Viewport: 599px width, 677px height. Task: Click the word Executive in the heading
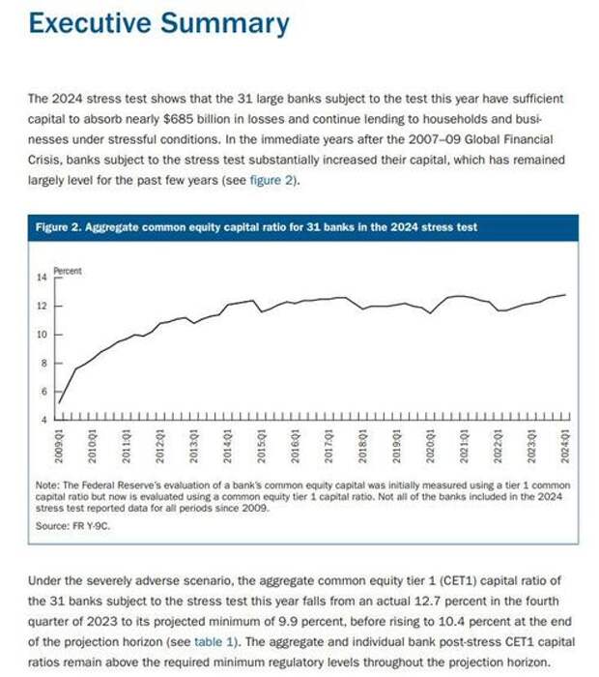point(90,23)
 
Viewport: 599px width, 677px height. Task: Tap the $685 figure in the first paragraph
point(179,119)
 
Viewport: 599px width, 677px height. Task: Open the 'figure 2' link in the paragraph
point(271,180)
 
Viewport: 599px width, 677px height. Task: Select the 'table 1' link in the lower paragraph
point(215,641)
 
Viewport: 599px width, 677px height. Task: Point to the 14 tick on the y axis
point(42,278)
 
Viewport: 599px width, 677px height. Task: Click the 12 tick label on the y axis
point(42,307)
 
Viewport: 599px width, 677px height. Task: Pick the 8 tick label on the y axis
point(44,364)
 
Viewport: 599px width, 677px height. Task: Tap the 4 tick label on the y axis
point(44,420)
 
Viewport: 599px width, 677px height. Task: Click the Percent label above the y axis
point(68,271)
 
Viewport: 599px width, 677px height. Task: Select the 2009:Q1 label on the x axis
point(59,446)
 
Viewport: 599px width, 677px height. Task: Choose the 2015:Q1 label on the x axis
point(261,446)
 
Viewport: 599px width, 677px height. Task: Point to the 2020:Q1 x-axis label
point(430,446)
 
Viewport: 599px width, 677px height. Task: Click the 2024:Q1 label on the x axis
point(565,446)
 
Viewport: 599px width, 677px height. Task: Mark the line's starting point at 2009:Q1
point(59,403)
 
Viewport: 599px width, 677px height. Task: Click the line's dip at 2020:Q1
point(430,313)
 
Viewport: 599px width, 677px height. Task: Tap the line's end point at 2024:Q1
point(565,295)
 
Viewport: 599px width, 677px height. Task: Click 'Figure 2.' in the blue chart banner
point(59,227)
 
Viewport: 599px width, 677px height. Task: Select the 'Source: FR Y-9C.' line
point(72,526)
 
